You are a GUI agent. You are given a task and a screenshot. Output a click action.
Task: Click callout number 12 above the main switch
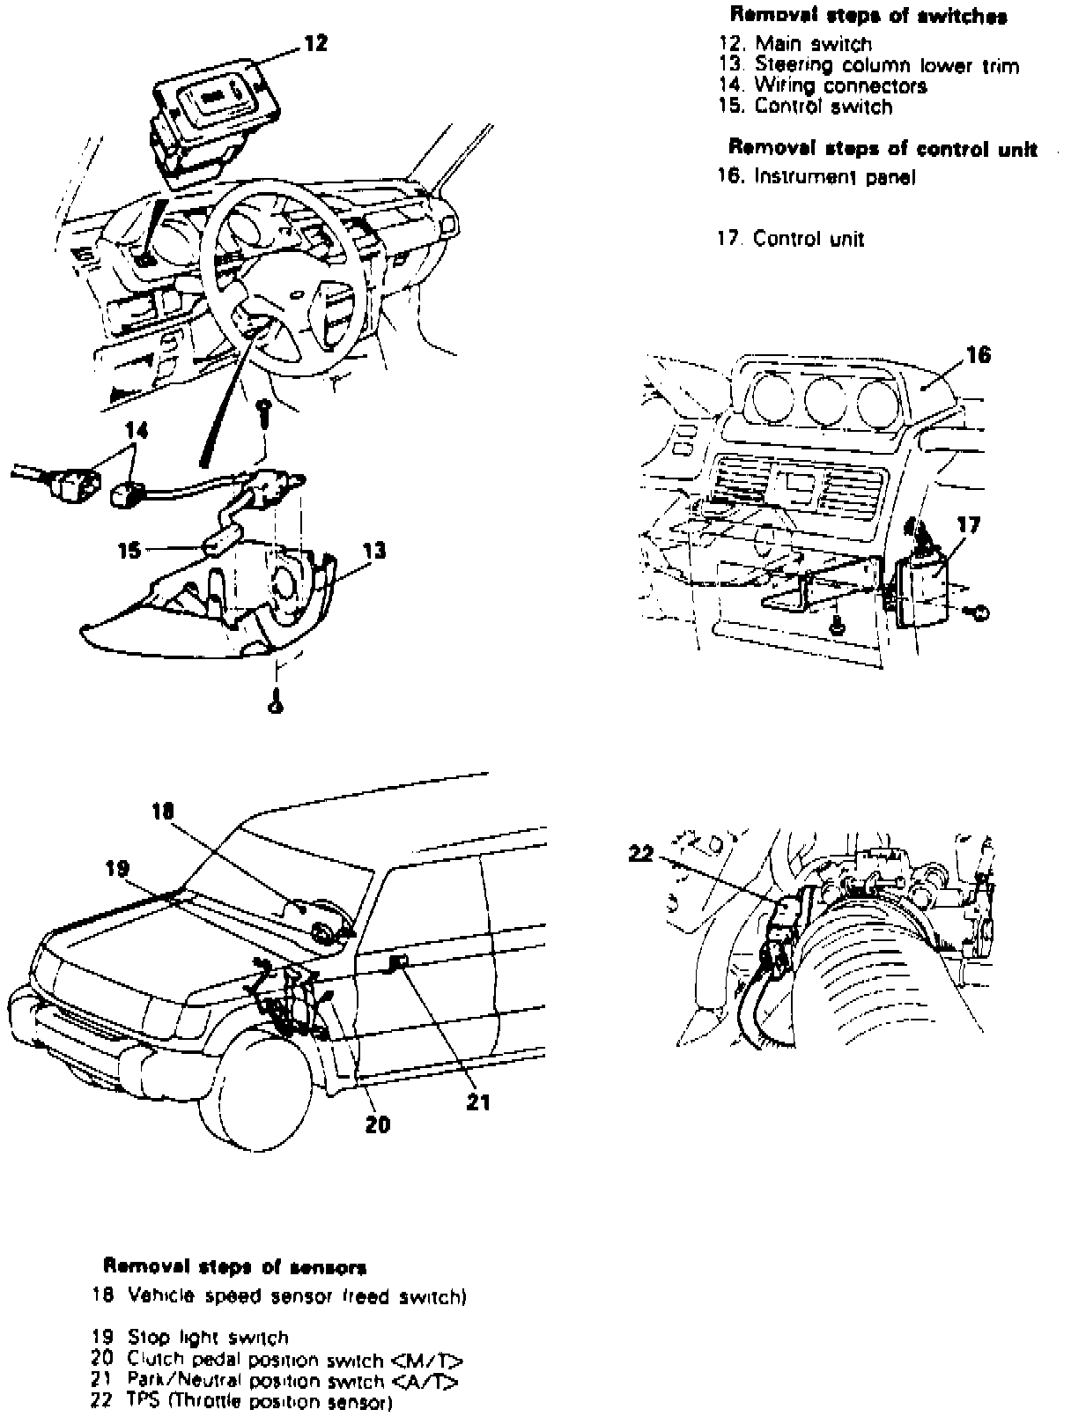[315, 42]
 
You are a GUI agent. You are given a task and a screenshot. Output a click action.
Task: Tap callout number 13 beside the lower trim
[373, 551]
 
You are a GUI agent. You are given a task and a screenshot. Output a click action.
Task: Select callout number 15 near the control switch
[129, 550]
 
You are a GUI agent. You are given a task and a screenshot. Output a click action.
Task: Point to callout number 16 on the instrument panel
[978, 354]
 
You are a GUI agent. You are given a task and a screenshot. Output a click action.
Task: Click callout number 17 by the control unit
[968, 525]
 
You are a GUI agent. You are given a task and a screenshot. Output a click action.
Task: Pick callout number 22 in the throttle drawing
[641, 852]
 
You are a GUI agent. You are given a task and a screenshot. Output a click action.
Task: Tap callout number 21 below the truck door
[478, 1102]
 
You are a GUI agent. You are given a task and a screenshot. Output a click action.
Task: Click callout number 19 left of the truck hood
[117, 869]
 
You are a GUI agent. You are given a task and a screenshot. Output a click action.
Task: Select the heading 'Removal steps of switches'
[868, 16]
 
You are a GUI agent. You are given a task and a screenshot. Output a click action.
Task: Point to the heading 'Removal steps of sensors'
[235, 1267]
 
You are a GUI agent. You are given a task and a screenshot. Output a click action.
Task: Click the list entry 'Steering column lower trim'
[886, 65]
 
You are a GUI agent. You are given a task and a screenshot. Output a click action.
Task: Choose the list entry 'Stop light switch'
[208, 1338]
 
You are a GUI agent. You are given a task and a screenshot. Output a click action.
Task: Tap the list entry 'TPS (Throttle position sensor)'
[258, 1403]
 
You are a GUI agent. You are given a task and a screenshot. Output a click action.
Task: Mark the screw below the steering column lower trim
[276, 703]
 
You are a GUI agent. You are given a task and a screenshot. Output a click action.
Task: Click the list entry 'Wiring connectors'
[840, 86]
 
